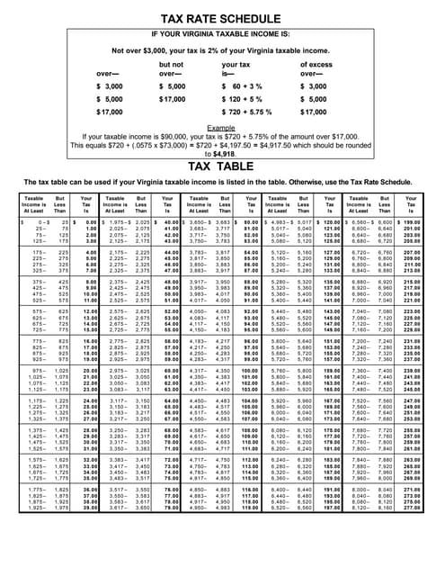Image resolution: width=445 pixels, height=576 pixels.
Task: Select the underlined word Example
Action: pos(221,130)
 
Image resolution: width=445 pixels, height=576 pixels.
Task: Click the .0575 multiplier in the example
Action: pos(155,149)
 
